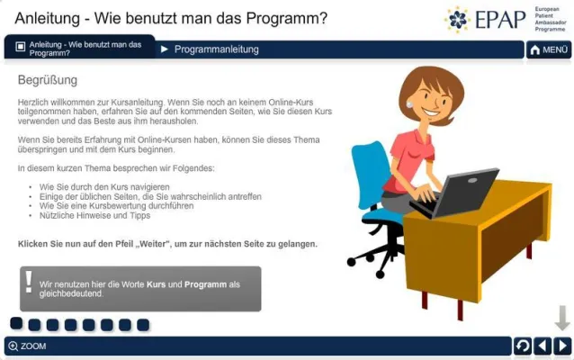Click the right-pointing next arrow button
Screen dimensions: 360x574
[x=561, y=346]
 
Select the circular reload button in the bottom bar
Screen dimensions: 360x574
[x=522, y=346]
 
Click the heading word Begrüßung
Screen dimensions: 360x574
[x=48, y=81]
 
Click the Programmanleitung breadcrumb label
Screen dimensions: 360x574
[x=216, y=49]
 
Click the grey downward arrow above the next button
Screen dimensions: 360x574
[x=562, y=318]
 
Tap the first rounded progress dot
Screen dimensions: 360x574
[x=16, y=324]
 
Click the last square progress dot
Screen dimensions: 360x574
[x=143, y=325]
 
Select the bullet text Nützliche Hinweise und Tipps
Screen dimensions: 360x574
[x=88, y=216]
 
